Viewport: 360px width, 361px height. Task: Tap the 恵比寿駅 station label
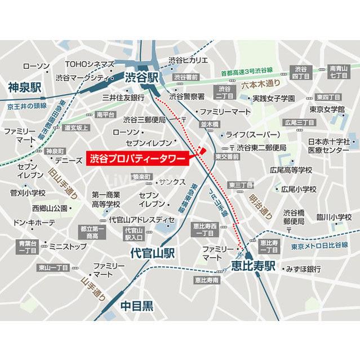point(253,265)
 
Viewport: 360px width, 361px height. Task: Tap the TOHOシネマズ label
point(90,64)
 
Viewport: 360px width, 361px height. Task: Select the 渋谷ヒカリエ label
point(189,60)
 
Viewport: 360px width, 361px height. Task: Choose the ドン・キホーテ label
point(34,223)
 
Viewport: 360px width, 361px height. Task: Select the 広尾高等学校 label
point(291,169)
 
